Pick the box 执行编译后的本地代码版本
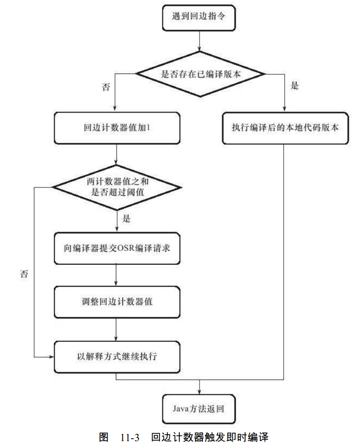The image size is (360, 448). click(284, 127)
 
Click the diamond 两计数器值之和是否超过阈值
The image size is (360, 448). click(115, 186)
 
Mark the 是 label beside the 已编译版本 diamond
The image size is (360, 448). click(295, 86)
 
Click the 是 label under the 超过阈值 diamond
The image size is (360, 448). click(126, 219)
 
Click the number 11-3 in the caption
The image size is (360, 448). click(130, 437)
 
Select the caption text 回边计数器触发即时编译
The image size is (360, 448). click(209, 437)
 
